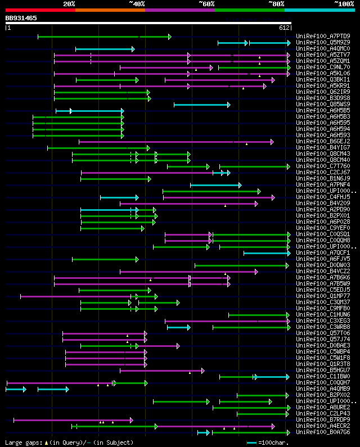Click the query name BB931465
21,19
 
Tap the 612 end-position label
284,28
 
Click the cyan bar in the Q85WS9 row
201,105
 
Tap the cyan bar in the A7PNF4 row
215,185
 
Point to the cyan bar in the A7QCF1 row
267,253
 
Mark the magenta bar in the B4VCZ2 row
188,272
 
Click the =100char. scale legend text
276,443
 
